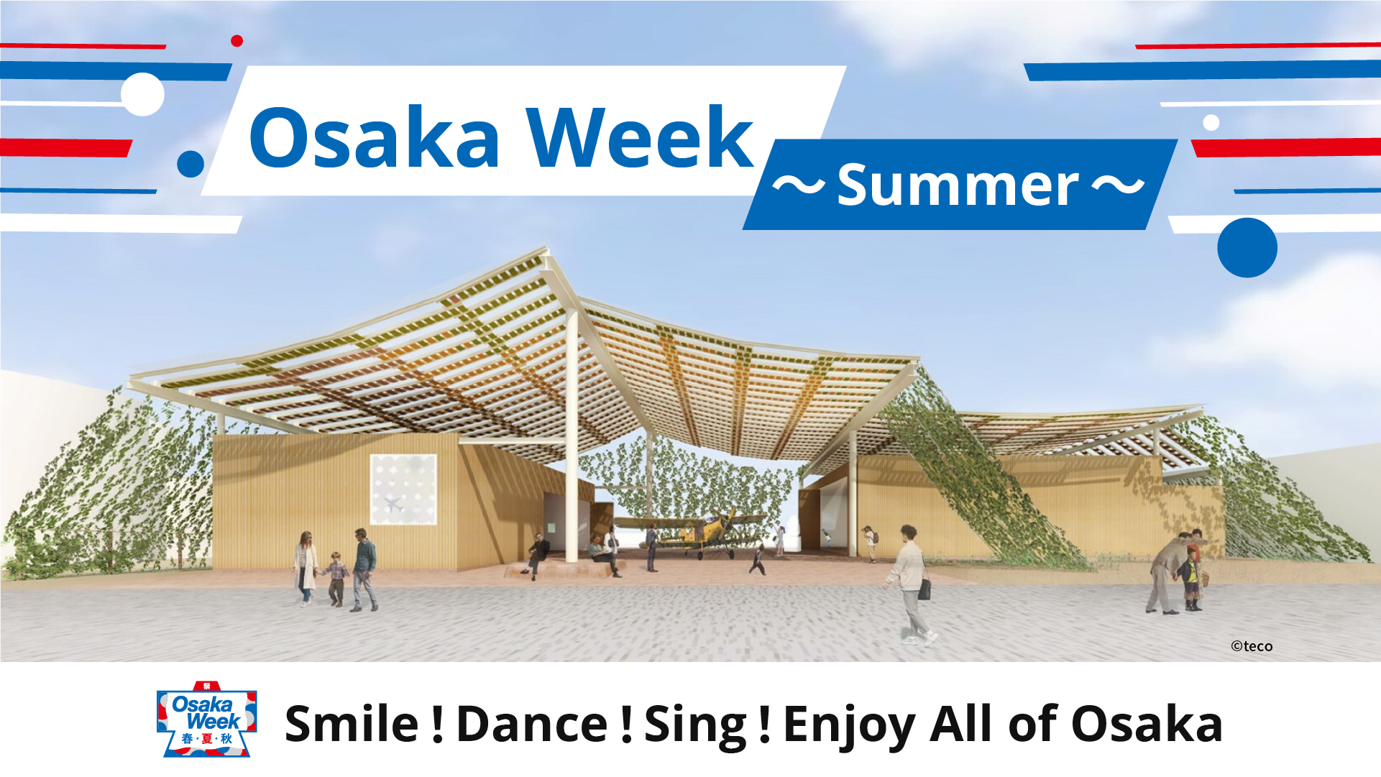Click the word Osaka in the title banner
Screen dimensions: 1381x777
pyautogui.click(x=375, y=137)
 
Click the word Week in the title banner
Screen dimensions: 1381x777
pyautogui.click(x=639, y=137)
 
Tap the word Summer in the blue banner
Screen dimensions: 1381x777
pyautogui.click(x=958, y=185)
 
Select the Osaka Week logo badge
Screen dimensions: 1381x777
pyautogui.click(x=206, y=719)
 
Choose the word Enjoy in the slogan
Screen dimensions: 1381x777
pyautogui.click(x=848, y=726)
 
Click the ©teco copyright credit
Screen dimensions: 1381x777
pyautogui.click(x=1252, y=646)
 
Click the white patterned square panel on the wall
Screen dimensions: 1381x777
pyautogui.click(x=403, y=489)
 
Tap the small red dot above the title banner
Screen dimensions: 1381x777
pyautogui.click(x=237, y=41)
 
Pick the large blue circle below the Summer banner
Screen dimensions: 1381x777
pyautogui.click(x=1247, y=247)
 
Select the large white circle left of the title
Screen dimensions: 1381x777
pyautogui.click(x=142, y=94)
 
